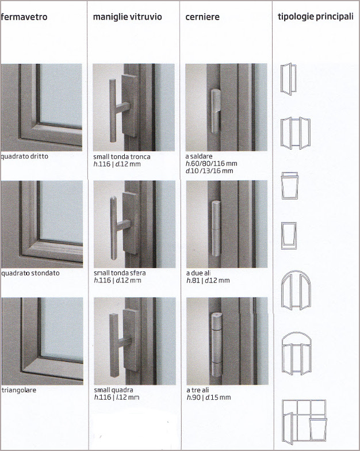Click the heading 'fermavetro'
click(x=24, y=17)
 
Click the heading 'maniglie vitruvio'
click(x=128, y=17)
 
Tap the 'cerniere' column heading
click(x=202, y=17)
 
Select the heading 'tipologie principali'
click(x=315, y=17)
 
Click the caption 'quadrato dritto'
click(x=24, y=156)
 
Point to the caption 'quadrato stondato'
click(x=30, y=273)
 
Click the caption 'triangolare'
click(x=19, y=390)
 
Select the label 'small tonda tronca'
click(x=122, y=156)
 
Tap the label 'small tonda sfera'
click(x=120, y=273)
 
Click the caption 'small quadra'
click(x=114, y=390)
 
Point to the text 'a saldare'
click(x=199, y=156)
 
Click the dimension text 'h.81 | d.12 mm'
click(x=208, y=281)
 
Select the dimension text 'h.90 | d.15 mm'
click(x=209, y=398)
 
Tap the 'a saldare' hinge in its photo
click(x=216, y=110)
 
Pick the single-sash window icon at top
click(x=289, y=79)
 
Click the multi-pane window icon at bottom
click(x=304, y=422)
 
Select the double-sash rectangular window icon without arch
click(x=296, y=133)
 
